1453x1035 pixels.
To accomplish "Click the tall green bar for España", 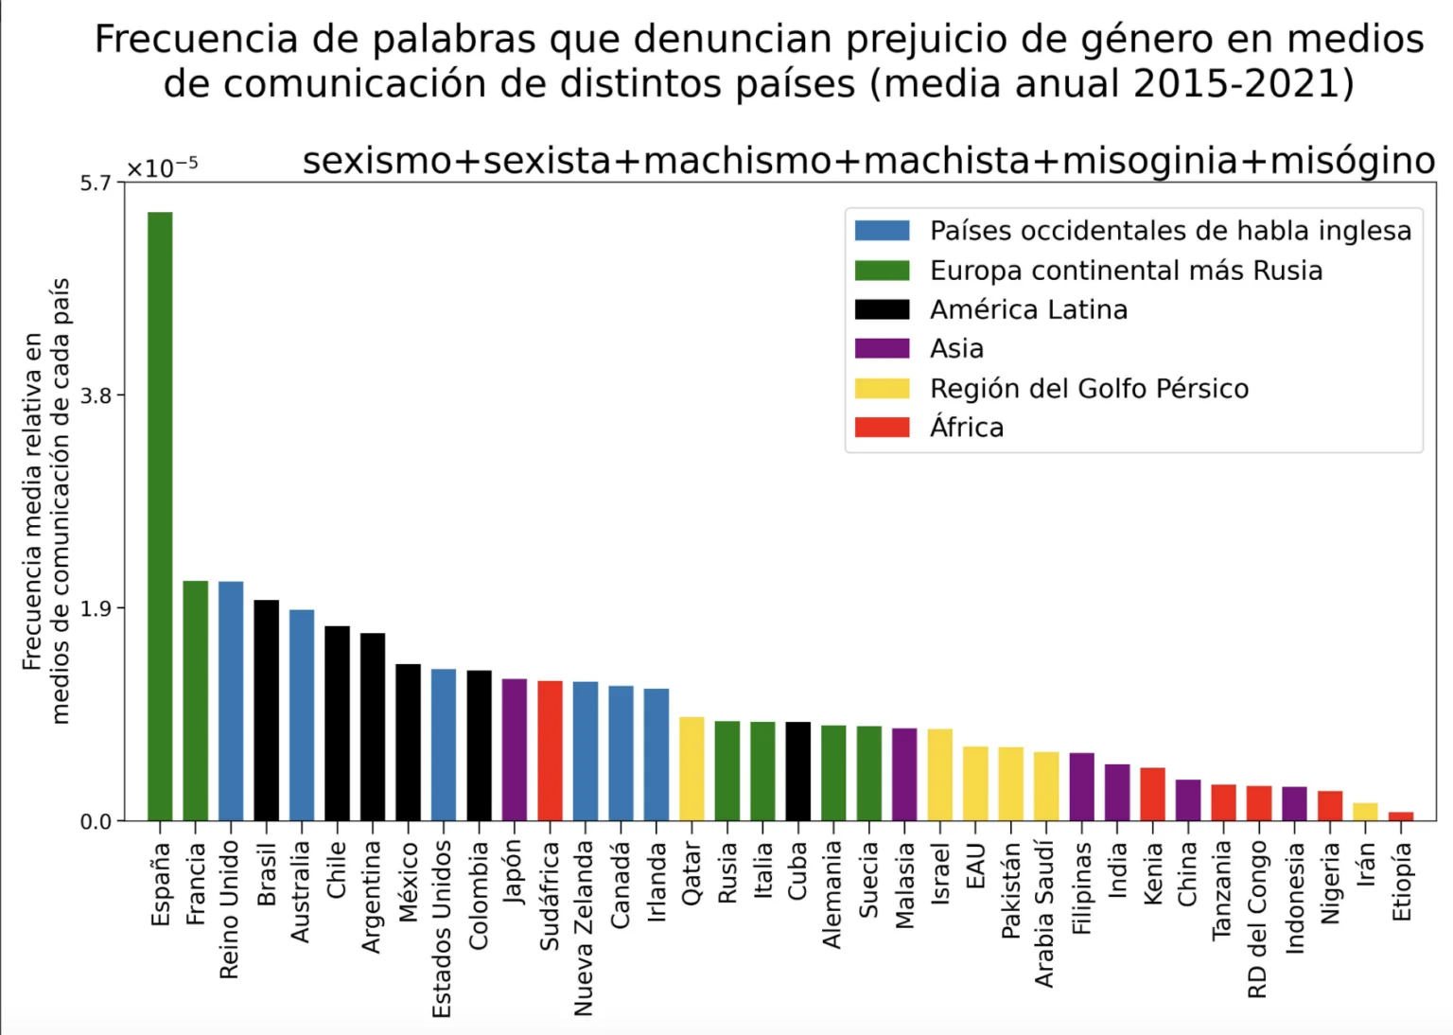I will click(x=160, y=516).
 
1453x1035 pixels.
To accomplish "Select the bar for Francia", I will click(x=195, y=700).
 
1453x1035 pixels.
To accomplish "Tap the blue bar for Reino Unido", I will click(x=231, y=700).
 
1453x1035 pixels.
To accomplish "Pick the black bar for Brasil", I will click(x=266, y=710).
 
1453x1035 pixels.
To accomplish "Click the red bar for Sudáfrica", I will click(x=550, y=750).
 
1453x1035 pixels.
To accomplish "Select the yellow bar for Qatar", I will click(x=691, y=768).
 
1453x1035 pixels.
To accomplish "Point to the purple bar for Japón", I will click(x=515, y=749).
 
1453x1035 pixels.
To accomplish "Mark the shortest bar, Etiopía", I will click(x=1401, y=816).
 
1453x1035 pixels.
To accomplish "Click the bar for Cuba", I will click(x=798, y=771).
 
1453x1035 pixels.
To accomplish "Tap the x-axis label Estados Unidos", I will click(x=442, y=929).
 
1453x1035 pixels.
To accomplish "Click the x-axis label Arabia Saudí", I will click(x=1044, y=914).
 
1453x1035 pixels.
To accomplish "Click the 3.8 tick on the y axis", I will click(x=96, y=395).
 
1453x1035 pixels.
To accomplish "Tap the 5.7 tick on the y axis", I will click(x=96, y=183).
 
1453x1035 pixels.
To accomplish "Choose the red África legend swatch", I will click(x=882, y=428).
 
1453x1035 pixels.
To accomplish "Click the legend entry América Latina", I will click(x=1027, y=309).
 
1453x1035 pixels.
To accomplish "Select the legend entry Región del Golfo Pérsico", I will click(x=1088, y=388).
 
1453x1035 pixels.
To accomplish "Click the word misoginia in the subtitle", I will click(x=1149, y=161).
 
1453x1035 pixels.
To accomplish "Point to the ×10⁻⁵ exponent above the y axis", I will click(x=162, y=167).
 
